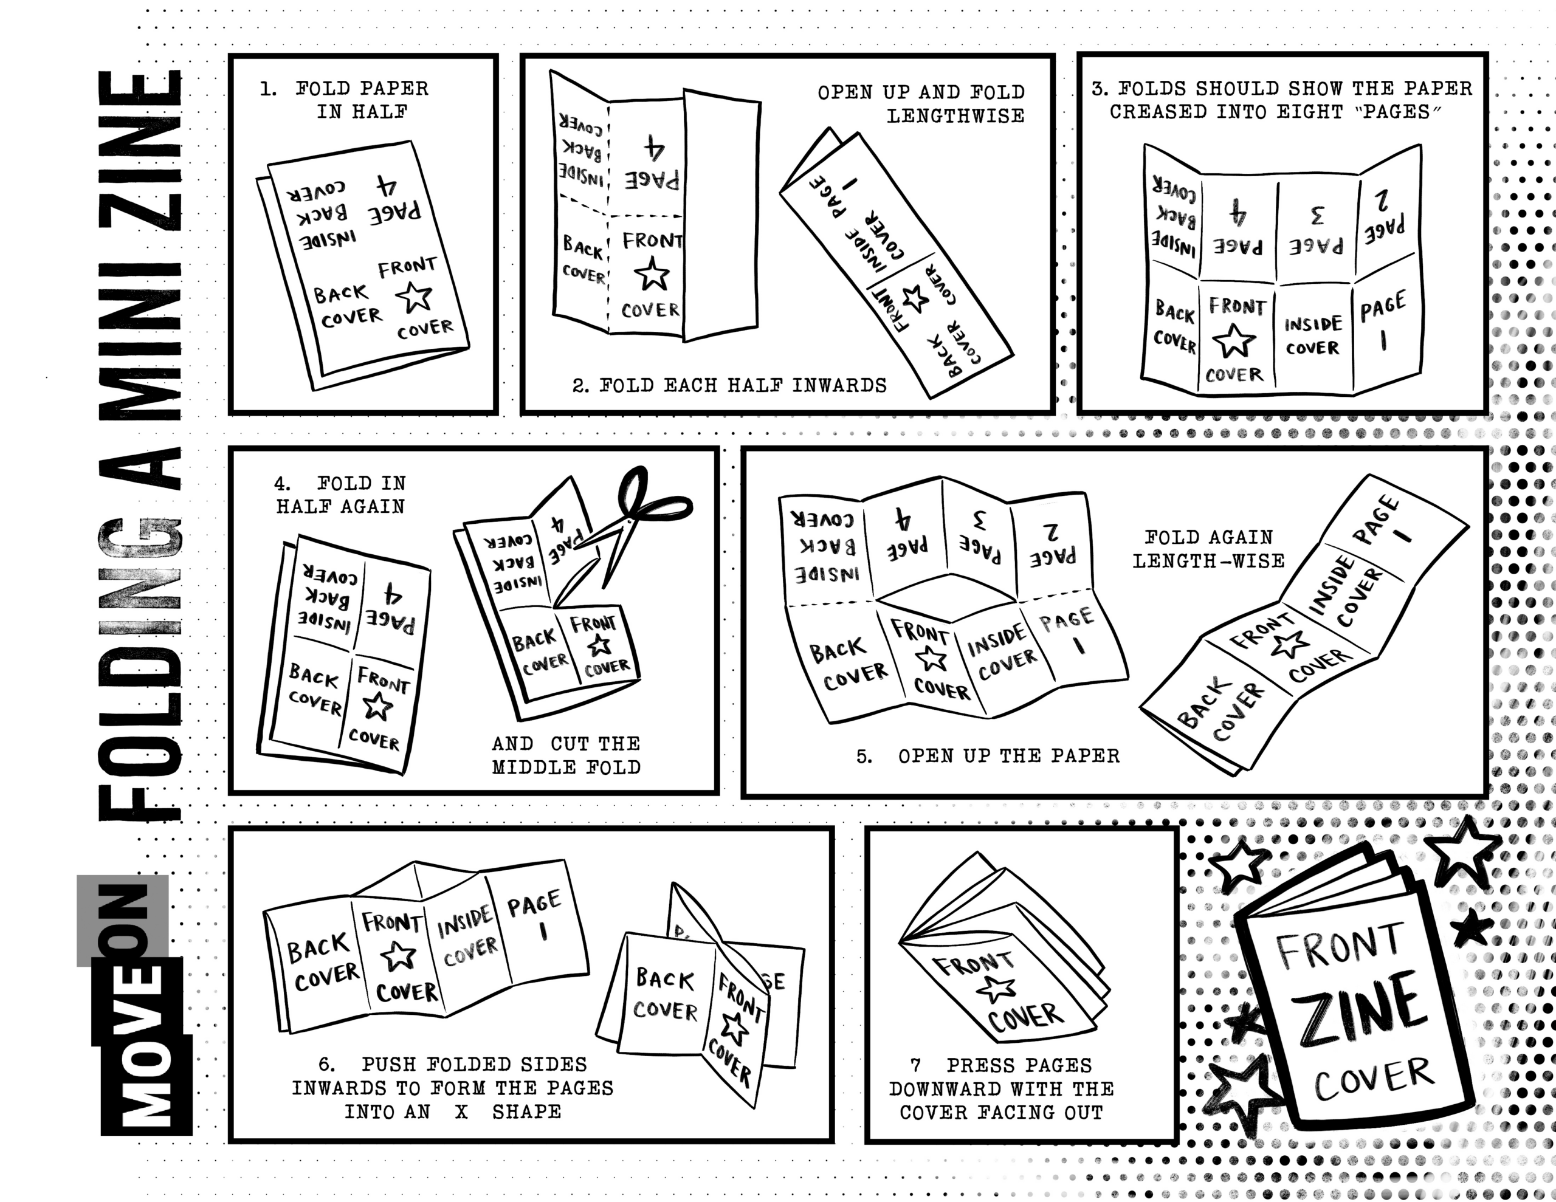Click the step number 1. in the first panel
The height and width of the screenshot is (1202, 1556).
pyautogui.click(x=268, y=90)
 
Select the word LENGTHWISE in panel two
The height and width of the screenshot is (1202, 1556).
pyautogui.click(x=955, y=116)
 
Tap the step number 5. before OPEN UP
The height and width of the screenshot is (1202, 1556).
pyautogui.click(x=864, y=756)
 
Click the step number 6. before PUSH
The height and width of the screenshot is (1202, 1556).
pyautogui.click(x=326, y=1065)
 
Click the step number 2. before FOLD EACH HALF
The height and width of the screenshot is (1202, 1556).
pyautogui.click(x=580, y=386)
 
